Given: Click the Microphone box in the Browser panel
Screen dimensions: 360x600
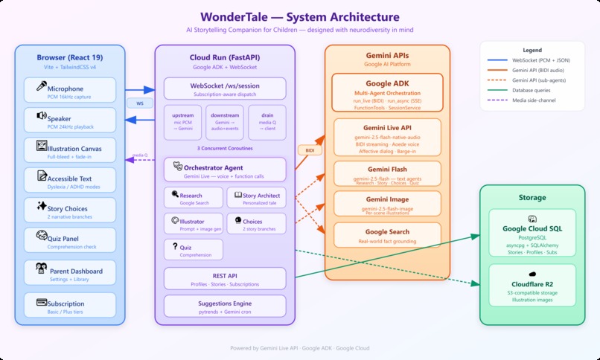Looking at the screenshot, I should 70,92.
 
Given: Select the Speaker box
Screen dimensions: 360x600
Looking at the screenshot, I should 70,121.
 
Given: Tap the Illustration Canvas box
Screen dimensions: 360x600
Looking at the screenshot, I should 70,151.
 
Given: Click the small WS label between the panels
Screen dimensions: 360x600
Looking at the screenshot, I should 139,103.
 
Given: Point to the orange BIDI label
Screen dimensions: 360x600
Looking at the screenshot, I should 310,150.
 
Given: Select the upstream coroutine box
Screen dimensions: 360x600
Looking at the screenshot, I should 182,123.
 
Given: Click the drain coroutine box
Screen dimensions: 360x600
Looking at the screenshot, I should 267,123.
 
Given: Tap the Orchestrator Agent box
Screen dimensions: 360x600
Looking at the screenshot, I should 225,170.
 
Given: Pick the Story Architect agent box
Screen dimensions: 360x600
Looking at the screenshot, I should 255,198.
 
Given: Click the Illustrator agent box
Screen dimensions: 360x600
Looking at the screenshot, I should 193,224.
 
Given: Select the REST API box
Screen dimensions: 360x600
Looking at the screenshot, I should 225,279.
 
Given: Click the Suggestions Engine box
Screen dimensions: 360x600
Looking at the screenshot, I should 225,307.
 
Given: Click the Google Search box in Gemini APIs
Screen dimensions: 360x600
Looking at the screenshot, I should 387,236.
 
